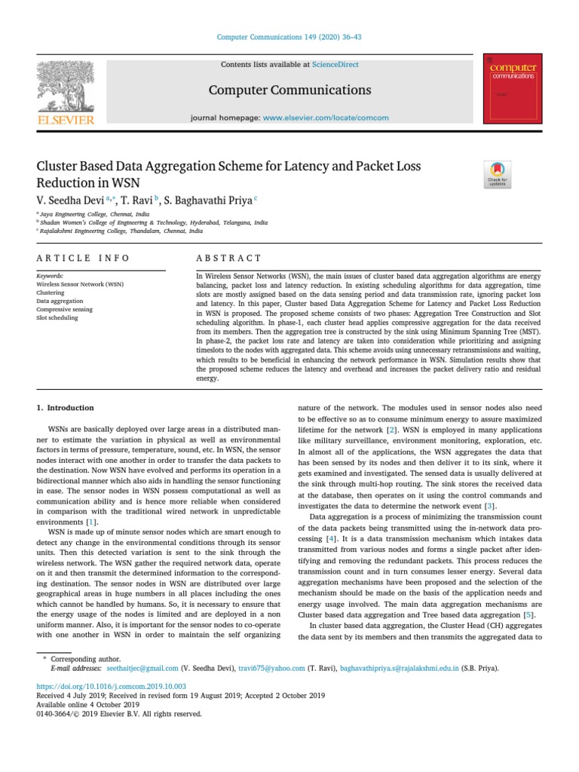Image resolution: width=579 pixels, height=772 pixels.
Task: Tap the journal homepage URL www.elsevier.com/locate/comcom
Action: pos(326,118)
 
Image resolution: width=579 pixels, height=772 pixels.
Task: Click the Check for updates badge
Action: pos(498,174)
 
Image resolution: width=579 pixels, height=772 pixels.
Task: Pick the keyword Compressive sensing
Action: pos(64,309)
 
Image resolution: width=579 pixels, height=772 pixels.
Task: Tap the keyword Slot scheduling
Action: pos(57,317)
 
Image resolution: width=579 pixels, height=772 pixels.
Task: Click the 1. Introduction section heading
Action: pos(66,408)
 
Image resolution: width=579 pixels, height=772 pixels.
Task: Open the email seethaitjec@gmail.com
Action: pos(142,668)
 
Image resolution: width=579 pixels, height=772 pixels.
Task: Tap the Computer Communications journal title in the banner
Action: pos(289,90)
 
